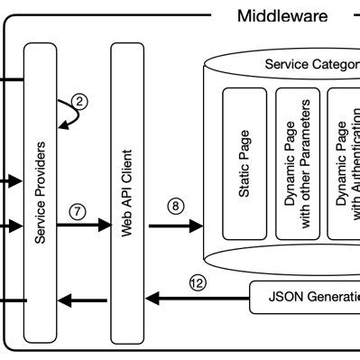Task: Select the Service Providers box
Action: [40, 190]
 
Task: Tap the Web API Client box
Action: [127, 190]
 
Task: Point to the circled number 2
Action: [79, 101]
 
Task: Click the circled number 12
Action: [198, 282]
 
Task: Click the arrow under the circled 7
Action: [82, 226]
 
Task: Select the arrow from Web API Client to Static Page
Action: [175, 226]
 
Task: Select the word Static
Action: [245, 179]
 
